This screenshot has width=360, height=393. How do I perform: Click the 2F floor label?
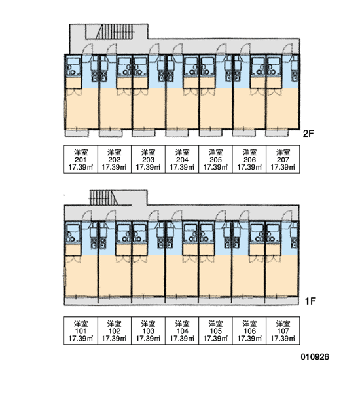[x=308, y=134]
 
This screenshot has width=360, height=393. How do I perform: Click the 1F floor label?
[x=310, y=301]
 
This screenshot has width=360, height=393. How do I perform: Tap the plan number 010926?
[x=315, y=357]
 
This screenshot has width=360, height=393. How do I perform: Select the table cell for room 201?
[x=81, y=159]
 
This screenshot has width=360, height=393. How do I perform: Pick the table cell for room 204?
[x=182, y=159]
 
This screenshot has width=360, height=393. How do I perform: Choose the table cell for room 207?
[x=283, y=159]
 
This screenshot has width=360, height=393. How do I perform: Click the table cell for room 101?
[x=81, y=331]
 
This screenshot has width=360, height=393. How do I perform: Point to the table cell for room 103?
[x=148, y=331]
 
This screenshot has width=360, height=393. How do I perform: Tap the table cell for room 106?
[x=249, y=331]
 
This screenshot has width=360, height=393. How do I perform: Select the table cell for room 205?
[x=215, y=159]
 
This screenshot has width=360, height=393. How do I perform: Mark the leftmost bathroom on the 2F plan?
[x=73, y=66]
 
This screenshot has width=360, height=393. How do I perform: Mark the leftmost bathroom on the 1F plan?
[x=73, y=233]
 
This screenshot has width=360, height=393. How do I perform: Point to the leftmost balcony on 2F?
[x=77, y=133]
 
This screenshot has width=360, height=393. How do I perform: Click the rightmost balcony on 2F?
[x=278, y=133]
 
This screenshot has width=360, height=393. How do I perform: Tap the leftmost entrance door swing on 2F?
[x=88, y=49]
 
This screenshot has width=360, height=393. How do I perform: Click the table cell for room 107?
[x=283, y=331]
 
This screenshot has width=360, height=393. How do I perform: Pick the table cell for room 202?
[x=115, y=159]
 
